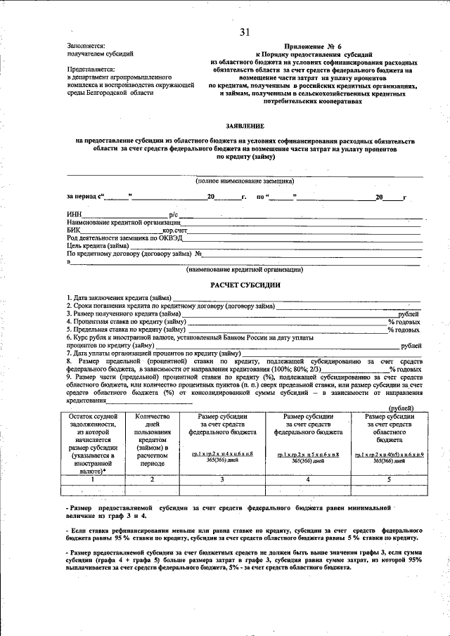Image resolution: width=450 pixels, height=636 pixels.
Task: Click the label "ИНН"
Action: (x=74, y=214)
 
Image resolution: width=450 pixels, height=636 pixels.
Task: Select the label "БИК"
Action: (x=74, y=230)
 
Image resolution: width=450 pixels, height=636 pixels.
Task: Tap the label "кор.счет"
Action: (x=176, y=230)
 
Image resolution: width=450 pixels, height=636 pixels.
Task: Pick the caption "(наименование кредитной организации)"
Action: (x=244, y=269)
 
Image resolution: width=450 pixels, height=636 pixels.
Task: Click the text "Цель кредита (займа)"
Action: (x=97, y=246)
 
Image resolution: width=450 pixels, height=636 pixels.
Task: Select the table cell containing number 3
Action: (x=221, y=479)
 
